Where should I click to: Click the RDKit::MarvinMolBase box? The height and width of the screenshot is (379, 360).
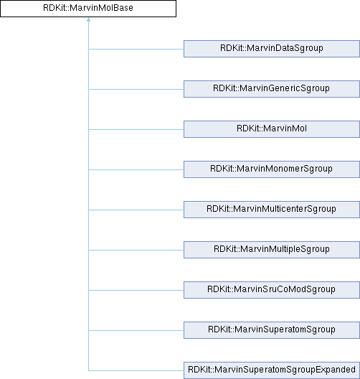click(88, 9)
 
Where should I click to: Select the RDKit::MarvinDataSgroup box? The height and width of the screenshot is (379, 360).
click(272, 49)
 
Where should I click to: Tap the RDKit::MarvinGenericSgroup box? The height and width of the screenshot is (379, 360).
click(272, 89)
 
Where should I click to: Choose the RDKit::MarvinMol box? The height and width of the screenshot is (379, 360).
click(272, 129)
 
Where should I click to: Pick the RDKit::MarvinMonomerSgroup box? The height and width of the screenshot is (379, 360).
click(272, 169)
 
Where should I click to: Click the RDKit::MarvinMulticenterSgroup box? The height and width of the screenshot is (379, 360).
click(272, 210)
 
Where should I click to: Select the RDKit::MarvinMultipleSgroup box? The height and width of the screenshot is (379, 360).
click(272, 250)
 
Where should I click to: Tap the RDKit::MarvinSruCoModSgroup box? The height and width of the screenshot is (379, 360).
click(272, 290)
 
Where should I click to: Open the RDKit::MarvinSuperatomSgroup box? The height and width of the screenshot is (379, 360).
click(272, 330)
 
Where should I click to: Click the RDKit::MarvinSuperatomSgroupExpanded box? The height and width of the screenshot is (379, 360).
click(272, 370)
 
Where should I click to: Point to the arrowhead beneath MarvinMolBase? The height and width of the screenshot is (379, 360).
click(89, 19)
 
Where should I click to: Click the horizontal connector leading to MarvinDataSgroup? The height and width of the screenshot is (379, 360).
click(136, 49)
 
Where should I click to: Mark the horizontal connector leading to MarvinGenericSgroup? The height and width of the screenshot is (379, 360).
click(136, 89)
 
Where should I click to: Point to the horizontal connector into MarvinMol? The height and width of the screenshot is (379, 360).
click(136, 129)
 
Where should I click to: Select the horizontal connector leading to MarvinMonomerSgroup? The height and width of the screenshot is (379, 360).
click(136, 169)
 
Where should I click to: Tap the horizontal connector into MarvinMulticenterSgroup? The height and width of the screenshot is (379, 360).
click(136, 210)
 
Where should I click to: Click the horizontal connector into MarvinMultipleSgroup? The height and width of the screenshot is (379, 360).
click(136, 250)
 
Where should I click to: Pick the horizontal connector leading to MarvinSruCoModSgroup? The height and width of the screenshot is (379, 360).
click(136, 290)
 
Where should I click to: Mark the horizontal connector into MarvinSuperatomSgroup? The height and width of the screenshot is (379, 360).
click(136, 330)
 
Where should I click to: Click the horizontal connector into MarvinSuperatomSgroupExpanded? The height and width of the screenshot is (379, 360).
click(136, 370)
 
